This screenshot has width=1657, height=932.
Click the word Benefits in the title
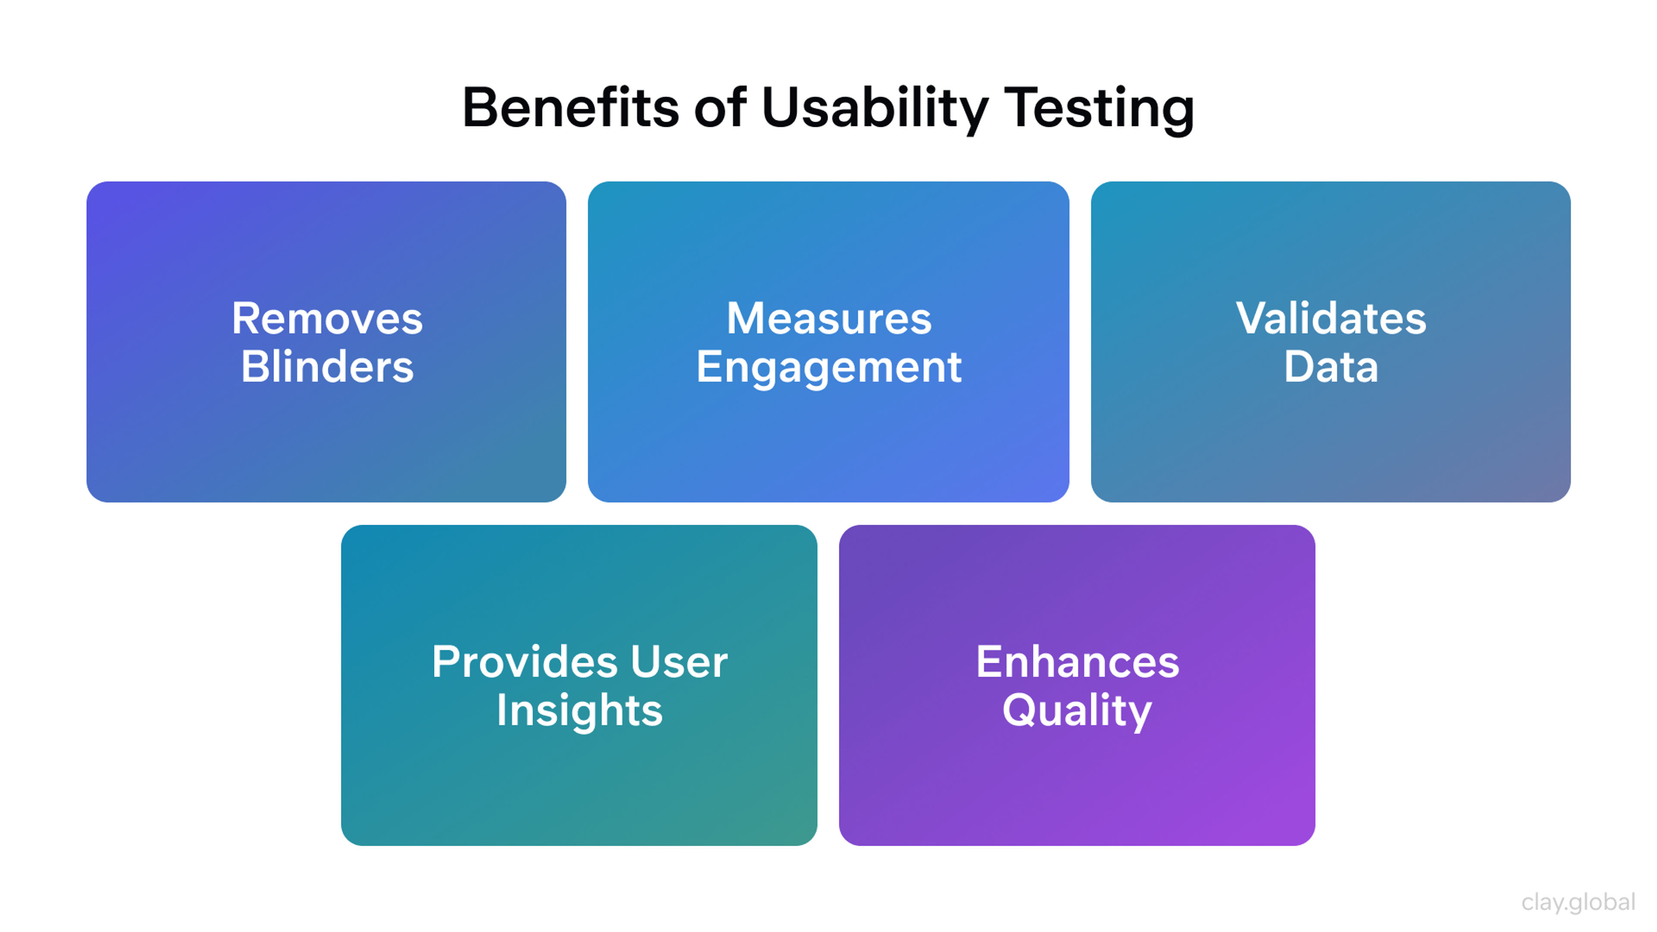[570, 108]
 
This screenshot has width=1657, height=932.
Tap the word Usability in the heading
[873, 108]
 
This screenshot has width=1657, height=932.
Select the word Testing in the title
[1099, 108]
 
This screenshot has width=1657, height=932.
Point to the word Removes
[327, 318]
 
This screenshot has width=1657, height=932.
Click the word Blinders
[327, 367]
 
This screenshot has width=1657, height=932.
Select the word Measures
[828, 318]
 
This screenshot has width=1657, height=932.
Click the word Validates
[1330, 318]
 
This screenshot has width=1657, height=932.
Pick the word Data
[1330, 367]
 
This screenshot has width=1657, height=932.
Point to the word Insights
[579, 711]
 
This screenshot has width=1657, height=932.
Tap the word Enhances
[1077, 662]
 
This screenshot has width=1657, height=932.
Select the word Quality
[1077, 711]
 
